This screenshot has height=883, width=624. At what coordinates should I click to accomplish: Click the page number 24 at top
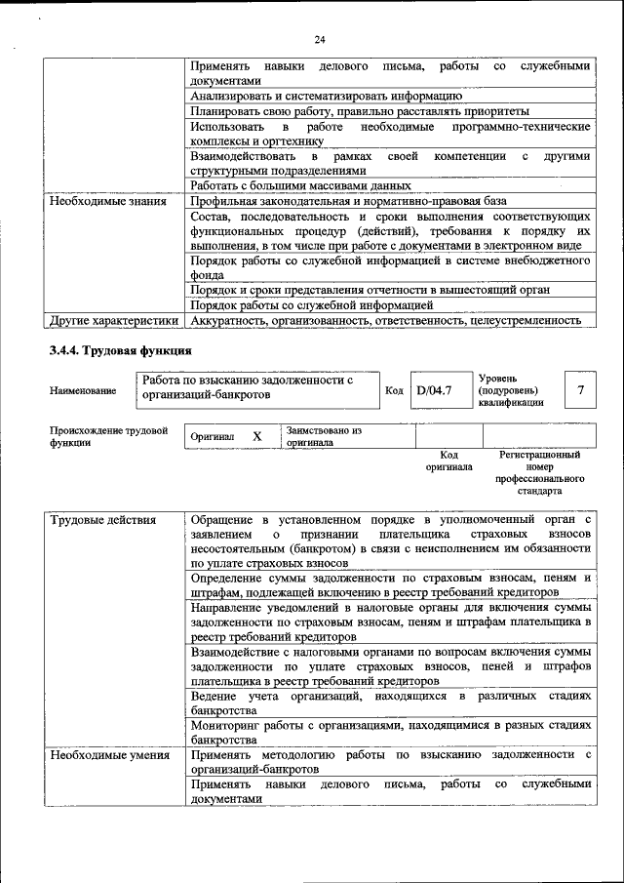(319, 40)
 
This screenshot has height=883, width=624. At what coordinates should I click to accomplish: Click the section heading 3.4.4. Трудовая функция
(120, 350)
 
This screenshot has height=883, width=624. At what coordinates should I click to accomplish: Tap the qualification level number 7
(580, 390)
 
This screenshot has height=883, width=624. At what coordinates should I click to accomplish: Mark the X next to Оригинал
(256, 437)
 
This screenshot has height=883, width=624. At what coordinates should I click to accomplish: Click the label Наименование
(83, 390)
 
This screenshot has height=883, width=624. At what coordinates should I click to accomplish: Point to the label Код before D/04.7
(394, 390)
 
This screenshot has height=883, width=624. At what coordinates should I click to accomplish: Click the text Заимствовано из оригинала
(324, 436)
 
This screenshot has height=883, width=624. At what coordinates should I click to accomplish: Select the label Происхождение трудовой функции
(108, 436)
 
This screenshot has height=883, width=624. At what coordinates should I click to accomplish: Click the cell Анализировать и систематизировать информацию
(326, 96)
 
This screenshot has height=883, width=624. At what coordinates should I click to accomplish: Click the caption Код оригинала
(448, 461)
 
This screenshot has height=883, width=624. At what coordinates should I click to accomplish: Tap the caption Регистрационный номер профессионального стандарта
(538, 472)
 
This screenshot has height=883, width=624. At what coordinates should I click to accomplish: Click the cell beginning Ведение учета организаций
(390, 702)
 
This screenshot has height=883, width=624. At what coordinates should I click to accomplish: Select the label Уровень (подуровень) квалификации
(512, 389)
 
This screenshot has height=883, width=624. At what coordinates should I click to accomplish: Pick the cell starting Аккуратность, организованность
(386, 319)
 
